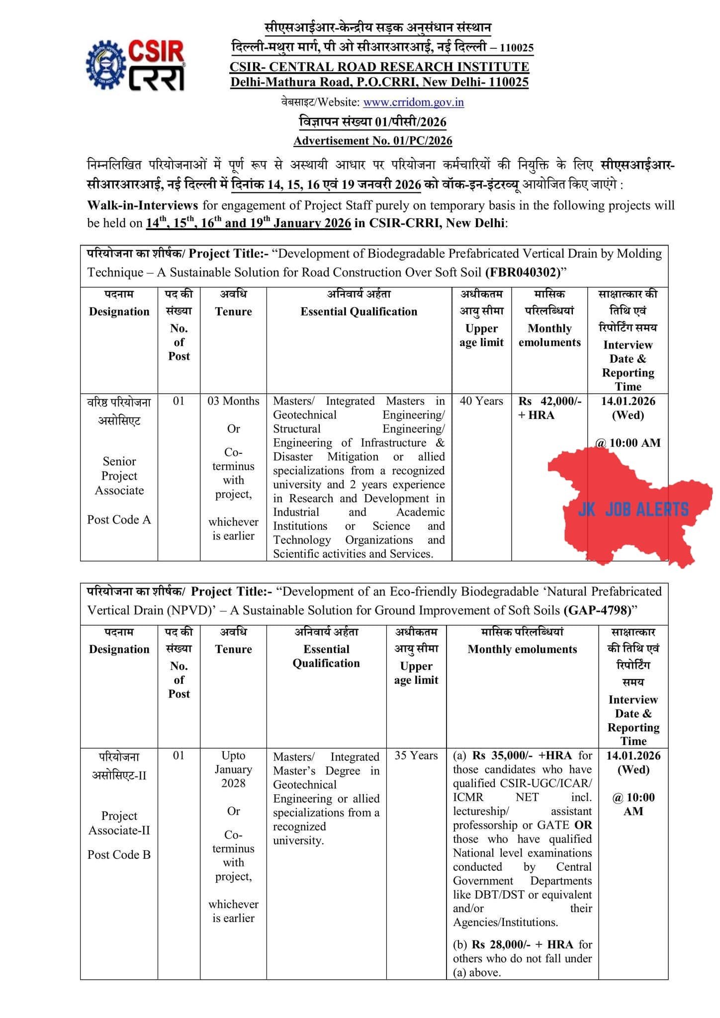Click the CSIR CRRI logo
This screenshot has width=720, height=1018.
[136, 66]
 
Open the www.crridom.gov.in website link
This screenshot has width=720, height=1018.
[413, 102]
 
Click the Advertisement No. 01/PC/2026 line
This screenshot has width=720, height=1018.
[373, 141]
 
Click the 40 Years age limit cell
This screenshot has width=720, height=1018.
[481, 401]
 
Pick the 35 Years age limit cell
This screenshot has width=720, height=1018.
[416, 756]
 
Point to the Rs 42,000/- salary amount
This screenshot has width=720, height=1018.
[550, 401]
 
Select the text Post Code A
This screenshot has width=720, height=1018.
[119, 519]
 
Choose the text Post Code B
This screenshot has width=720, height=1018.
[119, 854]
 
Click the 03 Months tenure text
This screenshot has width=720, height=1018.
[233, 401]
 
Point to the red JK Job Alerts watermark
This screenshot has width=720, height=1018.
[632, 509]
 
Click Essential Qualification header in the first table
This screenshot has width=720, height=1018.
[359, 312]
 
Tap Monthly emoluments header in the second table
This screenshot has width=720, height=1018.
[522, 649]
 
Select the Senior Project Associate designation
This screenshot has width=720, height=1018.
[119, 476]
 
